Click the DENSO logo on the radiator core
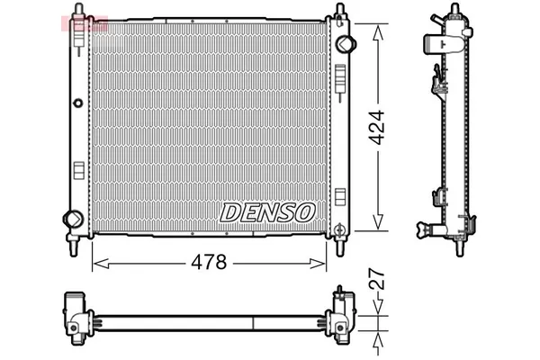click(268, 211)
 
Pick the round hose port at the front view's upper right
click(342, 44)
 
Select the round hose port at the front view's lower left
click(72, 218)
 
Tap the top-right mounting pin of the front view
click(340, 12)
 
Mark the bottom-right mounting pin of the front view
click(340, 241)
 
